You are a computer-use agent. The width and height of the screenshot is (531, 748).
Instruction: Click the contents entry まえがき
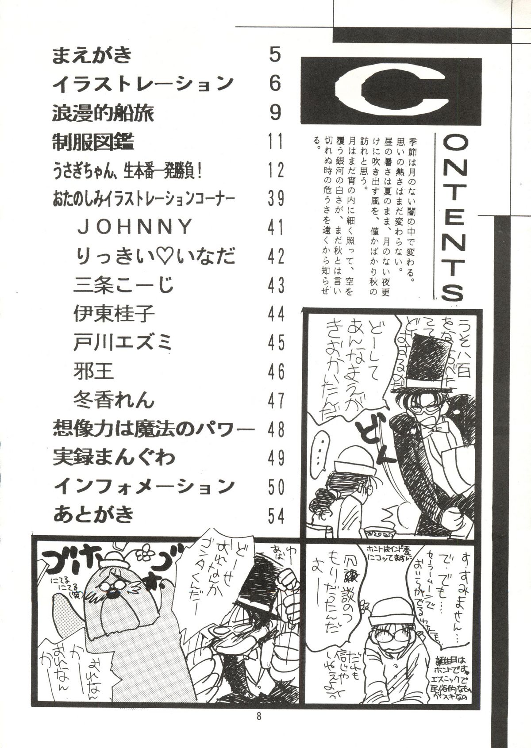92,57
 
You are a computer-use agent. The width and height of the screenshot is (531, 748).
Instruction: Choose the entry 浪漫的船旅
103,114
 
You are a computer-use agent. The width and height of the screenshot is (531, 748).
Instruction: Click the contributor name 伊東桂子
114,315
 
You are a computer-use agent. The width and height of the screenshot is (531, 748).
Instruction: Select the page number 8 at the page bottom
265,732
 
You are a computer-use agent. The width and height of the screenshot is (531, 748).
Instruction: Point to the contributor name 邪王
95,372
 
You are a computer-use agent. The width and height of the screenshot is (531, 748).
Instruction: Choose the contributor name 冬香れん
114,401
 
